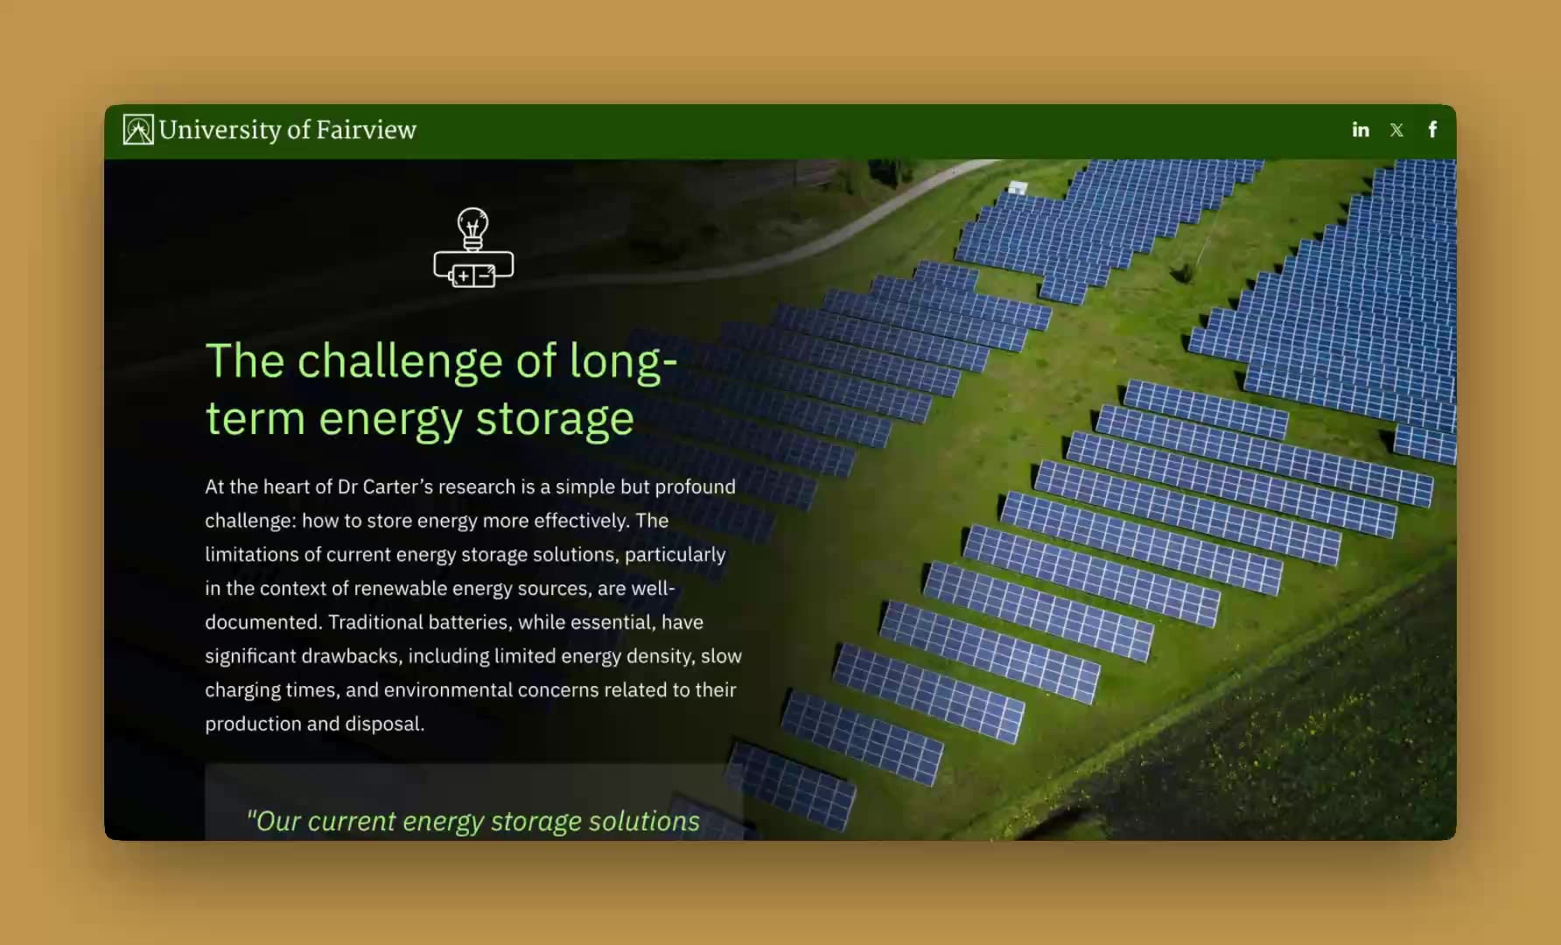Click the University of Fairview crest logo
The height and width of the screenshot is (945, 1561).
click(138, 129)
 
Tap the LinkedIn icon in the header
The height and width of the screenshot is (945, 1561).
click(1361, 129)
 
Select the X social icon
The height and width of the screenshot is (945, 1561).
click(1396, 130)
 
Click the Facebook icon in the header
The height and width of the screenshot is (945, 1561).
click(1432, 129)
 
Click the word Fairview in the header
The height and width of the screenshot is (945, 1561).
click(366, 129)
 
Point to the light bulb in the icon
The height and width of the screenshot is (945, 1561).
click(473, 228)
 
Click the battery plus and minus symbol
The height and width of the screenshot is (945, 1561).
click(472, 276)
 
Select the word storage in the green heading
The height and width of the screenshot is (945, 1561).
click(555, 419)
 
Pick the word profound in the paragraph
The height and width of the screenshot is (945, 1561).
click(696, 487)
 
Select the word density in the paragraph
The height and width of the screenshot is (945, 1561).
click(662, 656)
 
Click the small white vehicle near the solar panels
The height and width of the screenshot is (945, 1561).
click(1017, 187)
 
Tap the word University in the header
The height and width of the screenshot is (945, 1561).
click(220, 130)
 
